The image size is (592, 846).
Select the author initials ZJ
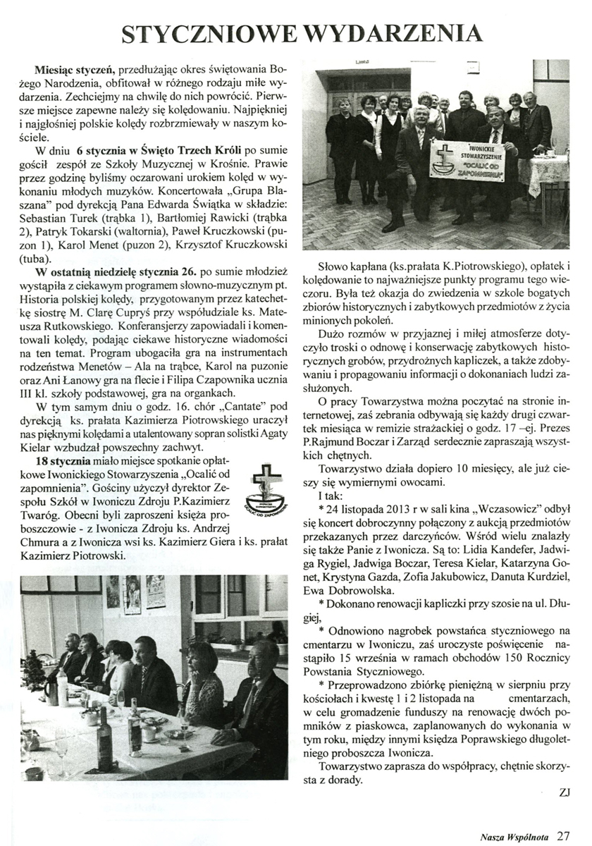pyautogui.click(x=563, y=792)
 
